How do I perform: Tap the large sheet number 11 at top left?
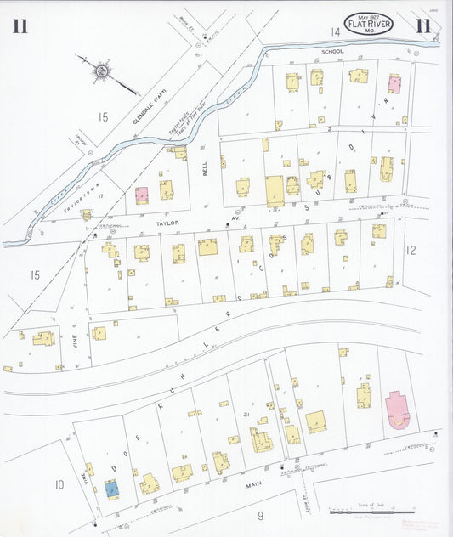point(21,26)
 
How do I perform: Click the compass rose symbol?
point(102,69)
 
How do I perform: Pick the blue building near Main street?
point(111,488)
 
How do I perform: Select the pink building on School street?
point(394,82)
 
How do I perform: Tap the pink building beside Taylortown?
point(141,193)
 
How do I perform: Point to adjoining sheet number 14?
point(336,32)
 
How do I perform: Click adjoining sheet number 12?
point(411,250)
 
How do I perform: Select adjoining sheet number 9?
point(260,515)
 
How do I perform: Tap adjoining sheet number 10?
point(59,484)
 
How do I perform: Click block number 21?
point(246,414)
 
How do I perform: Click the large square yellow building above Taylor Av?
point(275,191)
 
